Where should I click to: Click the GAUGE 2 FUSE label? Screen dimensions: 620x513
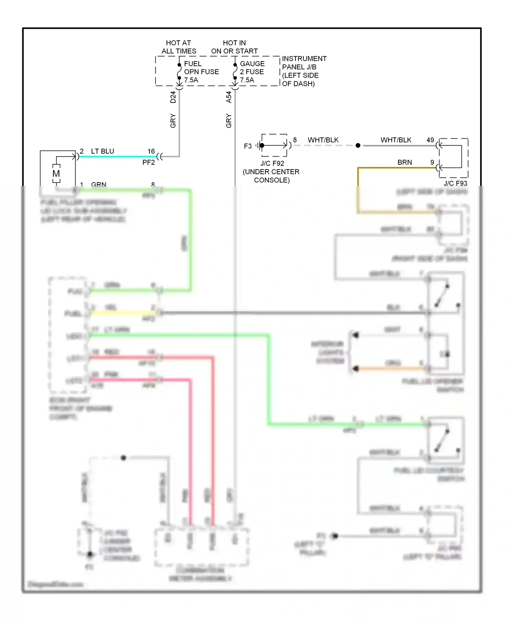click(252, 72)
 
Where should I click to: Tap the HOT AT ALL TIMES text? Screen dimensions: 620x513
click(179, 47)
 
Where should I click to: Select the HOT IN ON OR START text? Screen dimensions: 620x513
click(234, 47)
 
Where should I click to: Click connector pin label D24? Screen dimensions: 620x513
click(173, 97)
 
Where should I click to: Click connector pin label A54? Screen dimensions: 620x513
click(229, 97)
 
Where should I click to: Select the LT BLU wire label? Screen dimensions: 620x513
click(102, 151)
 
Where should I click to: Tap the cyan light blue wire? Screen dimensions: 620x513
click(116, 157)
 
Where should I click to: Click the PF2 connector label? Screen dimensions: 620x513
click(148, 162)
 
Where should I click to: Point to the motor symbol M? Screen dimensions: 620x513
click(56, 174)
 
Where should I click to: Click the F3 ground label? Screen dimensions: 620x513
click(248, 146)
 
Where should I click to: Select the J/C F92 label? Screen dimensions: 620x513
click(272, 163)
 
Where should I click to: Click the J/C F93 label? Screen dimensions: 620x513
click(455, 183)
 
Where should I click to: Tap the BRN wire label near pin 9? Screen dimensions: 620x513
click(405, 162)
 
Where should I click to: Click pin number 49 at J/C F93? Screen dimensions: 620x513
click(430, 140)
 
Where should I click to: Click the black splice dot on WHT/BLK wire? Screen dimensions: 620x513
click(358, 146)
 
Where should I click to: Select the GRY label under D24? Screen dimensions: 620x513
click(173, 121)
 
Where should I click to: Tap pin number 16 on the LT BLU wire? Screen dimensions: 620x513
click(151, 151)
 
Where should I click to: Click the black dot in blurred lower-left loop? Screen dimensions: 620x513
click(123, 458)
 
